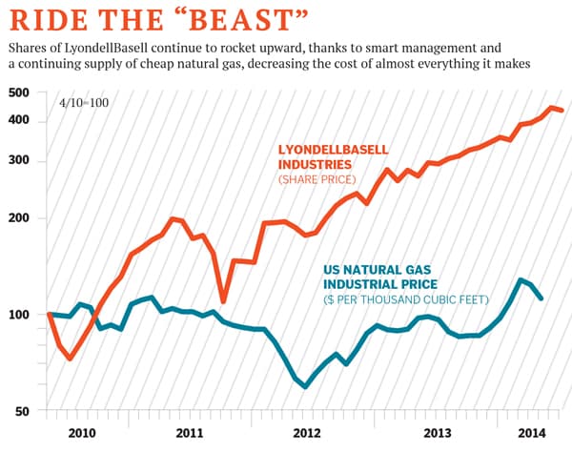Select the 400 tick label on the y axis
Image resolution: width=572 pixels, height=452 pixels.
(19, 120)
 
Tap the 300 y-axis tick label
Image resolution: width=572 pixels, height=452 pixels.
(19, 160)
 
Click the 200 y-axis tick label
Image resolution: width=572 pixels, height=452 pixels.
(19, 217)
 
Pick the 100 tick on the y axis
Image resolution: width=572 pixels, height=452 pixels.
(19, 315)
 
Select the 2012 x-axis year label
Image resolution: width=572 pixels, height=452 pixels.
(307, 432)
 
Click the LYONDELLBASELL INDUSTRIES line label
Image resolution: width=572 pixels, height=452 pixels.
(335, 157)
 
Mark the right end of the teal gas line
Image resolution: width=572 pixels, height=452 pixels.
(542, 298)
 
